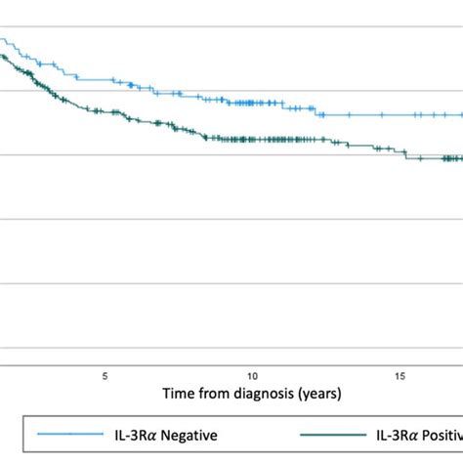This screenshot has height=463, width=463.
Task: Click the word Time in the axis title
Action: [x=177, y=393]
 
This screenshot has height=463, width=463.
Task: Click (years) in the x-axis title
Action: [x=315, y=393]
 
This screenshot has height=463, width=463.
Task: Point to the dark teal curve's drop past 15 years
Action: [x=409, y=154]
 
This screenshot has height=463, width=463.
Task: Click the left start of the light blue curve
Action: [x=2, y=40]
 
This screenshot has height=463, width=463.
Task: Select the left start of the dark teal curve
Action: [x=2, y=57]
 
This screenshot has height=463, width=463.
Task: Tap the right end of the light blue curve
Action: [x=461, y=114]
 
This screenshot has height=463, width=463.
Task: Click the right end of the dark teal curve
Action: [x=461, y=158]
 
